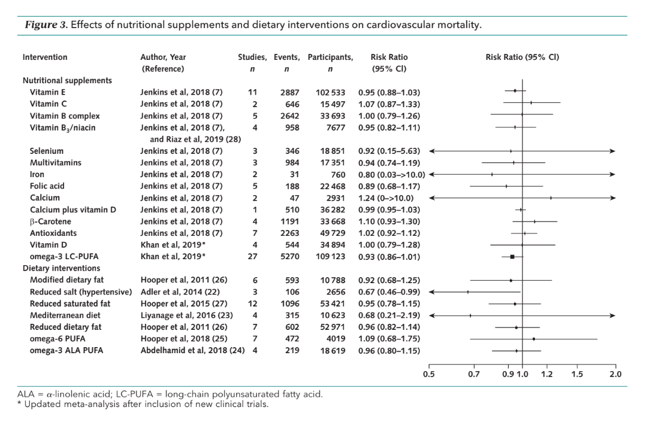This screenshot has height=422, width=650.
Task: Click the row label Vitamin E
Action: pos(47,92)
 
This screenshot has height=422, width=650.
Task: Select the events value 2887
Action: pos(289,92)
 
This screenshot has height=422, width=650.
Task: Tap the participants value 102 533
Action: pos(330,92)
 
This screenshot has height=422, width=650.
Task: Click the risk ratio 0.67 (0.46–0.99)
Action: pos(389,292)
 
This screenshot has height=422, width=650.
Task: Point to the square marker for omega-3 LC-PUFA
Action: pos(512,257)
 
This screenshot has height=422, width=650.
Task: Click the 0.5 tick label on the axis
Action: pos(428,374)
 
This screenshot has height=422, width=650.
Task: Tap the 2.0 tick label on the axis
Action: pos(616,374)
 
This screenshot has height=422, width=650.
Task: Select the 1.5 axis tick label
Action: pos(577,374)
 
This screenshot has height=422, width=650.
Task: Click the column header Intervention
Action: pos(45,57)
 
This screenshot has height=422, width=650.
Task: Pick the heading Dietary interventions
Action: pos(61,268)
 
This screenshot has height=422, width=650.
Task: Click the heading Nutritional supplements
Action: pos(67,80)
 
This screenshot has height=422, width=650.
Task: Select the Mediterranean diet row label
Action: pos(65,315)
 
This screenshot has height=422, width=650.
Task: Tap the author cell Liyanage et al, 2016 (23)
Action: pos(186,315)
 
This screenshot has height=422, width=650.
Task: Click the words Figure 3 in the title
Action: pos(45,25)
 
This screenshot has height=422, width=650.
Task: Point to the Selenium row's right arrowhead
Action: pos(613,151)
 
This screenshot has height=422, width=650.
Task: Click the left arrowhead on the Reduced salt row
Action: pos(432,292)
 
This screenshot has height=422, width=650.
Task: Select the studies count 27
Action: pos(252,256)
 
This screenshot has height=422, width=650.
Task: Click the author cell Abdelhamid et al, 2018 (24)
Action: pos(192,350)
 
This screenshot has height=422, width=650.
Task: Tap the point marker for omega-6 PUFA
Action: pos(534,339)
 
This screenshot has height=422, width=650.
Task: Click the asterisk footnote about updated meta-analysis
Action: pos(143,404)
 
